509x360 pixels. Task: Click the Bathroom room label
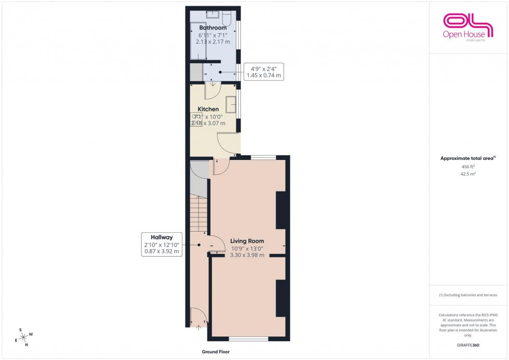tap(213, 28)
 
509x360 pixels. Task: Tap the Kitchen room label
tap(208, 109)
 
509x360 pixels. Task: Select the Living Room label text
tap(248, 241)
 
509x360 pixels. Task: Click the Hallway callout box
tap(162, 244)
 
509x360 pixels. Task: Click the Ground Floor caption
tap(216, 352)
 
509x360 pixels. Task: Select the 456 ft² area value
tap(467, 167)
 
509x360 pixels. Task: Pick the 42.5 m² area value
tap(467, 175)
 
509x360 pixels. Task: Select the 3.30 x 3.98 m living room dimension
tap(248, 255)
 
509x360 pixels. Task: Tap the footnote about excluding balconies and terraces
tap(468, 295)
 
